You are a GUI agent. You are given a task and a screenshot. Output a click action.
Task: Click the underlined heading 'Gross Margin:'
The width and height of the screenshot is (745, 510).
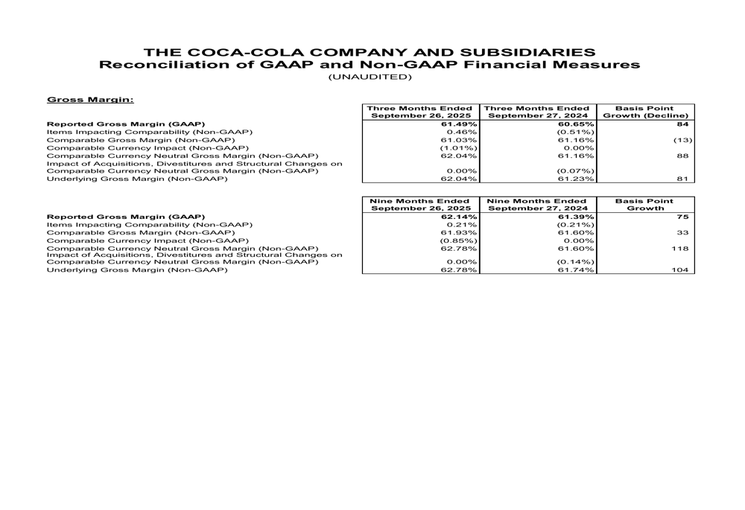pyautogui.click(x=90, y=99)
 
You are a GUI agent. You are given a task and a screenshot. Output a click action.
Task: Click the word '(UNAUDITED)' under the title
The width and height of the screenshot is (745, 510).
pyautogui.click(x=370, y=77)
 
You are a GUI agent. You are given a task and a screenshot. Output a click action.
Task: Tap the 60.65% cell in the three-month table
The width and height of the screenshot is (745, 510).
pyautogui.click(x=575, y=124)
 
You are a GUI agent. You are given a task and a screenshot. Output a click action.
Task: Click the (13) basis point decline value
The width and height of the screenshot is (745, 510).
pyautogui.click(x=682, y=139)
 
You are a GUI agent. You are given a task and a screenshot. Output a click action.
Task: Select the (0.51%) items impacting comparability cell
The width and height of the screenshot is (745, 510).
pyautogui.click(x=575, y=132)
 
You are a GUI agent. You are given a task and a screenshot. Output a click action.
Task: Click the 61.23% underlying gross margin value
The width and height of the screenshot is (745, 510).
pyautogui.click(x=575, y=179)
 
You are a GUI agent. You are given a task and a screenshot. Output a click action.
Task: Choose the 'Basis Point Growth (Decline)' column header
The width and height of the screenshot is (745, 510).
pyautogui.click(x=645, y=112)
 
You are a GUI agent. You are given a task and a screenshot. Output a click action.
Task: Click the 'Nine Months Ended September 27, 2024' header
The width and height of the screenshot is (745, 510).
pyautogui.click(x=539, y=205)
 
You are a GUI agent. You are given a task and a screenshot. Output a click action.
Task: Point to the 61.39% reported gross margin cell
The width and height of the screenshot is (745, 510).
pyautogui.click(x=575, y=217)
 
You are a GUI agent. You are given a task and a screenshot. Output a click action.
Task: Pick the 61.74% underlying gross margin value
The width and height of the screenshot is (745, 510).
pyautogui.click(x=575, y=271)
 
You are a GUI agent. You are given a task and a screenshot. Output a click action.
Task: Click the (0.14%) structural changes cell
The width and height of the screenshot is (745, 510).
pyautogui.click(x=575, y=263)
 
